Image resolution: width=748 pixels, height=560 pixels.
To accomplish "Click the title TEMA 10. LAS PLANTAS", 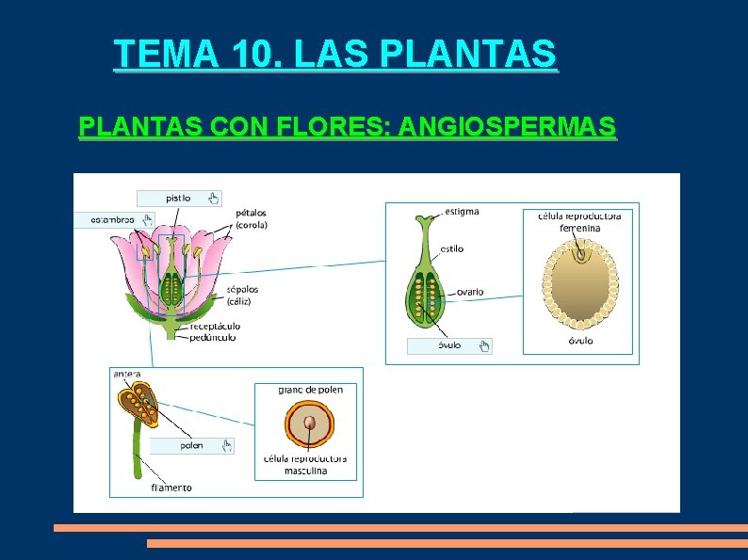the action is pyautogui.click(x=334, y=55).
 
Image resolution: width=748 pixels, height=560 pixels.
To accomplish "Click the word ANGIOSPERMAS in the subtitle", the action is pyautogui.click(x=509, y=126).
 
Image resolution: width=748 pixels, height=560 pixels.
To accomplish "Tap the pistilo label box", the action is pyautogui.click(x=179, y=198).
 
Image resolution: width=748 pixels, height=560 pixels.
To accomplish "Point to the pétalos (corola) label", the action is pyautogui.click(x=252, y=219).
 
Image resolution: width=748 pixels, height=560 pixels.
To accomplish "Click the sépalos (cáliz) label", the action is pyautogui.click(x=242, y=295).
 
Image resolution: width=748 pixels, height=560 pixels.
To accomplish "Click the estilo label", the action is pyautogui.click(x=450, y=249).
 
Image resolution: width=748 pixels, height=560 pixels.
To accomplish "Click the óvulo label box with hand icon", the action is pyautogui.click(x=449, y=345).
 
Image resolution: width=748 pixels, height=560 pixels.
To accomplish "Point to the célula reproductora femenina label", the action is pyautogui.click(x=579, y=222).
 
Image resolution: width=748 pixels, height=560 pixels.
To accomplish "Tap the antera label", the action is pyautogui.click(x=127, y=374).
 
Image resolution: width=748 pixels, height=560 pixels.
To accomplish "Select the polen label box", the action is pyautogui.click(x=191, y=445).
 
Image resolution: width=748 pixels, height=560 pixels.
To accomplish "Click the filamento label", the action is pyautogui.click(x=171, y=488).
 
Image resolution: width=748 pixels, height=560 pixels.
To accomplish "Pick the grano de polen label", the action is pyautogui.click(x=310, y=390).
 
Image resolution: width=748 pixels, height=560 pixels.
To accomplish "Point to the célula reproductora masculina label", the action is pyautogui.click(x=305, y=465).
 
